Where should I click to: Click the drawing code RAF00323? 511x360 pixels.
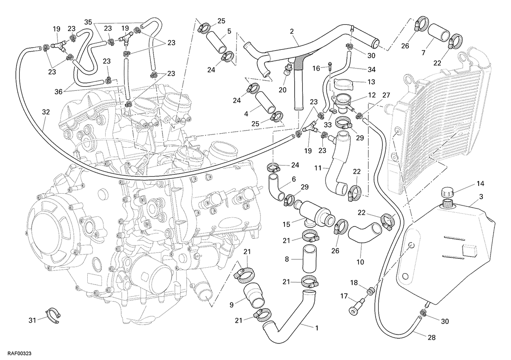coord(20,353)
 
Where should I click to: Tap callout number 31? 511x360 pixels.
coord(32,320)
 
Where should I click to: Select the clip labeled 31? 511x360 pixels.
coord(53,316)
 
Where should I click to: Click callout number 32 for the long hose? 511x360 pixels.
coord(46,112)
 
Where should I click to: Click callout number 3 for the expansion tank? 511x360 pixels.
coord(481,197)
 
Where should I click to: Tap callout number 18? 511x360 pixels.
coord(354,283)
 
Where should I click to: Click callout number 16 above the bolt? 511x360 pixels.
coord(316,68)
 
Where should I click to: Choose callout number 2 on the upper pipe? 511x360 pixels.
coord(292,31)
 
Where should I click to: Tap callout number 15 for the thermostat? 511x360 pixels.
coord(286,224)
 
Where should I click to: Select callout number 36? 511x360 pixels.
coord(58,91)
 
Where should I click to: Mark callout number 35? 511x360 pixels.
coord(88,22)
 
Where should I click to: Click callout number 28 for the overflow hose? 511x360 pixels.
coord(432,337)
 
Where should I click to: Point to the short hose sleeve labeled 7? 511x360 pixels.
coord(438,32)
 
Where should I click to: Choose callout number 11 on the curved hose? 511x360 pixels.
coord(318,168)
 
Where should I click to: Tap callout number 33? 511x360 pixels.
coord(328,125)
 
